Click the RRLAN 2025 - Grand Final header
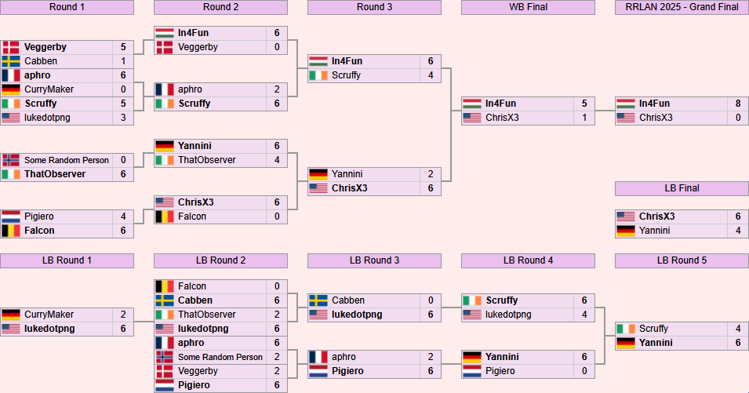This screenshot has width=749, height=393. tap(682, 7)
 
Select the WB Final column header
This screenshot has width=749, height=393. tap(528, 7)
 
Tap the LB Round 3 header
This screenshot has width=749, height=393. tap(374, 260)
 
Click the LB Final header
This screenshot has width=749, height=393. tap(682, 188)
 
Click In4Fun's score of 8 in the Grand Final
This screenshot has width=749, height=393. tap(738, 104)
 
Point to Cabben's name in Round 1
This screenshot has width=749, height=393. tap(40, 61)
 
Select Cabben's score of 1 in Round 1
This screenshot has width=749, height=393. tap(123, 61)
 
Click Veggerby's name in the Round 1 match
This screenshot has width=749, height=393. tap(45, 47)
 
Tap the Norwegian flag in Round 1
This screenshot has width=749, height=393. tap(11, 160)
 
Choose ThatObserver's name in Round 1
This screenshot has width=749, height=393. tap(54, 174)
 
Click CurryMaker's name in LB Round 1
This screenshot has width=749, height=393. tap(49, 315)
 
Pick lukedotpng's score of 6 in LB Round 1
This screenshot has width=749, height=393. tap(123, 329)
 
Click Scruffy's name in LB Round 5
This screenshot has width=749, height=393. tap(654, 329)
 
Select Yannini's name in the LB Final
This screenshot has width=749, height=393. tap(656, 231)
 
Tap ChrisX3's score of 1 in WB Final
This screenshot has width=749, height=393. tap(584, 118)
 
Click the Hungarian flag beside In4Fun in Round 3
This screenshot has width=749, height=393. tap(318, 61)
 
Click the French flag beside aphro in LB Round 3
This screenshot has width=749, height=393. tap(318, 357)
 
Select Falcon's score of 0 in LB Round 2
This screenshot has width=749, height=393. tap(277, 286)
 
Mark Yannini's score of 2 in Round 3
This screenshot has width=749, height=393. tap(431, 174)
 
